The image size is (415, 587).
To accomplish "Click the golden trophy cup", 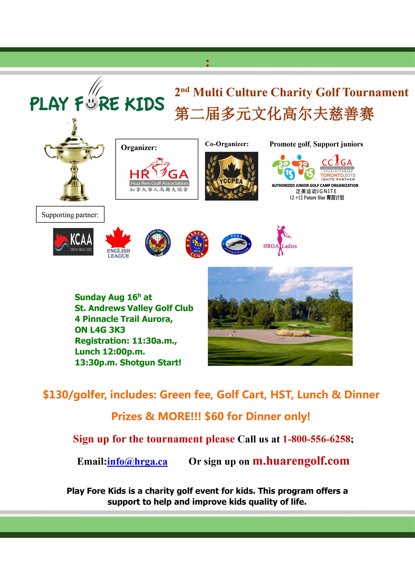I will pyautogui.click(x=74, y=160).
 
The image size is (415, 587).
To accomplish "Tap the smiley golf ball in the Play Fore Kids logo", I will pyautogui.click(x=91, y=104).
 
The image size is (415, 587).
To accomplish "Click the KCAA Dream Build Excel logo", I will pyautogui.click(x=73, y=242).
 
